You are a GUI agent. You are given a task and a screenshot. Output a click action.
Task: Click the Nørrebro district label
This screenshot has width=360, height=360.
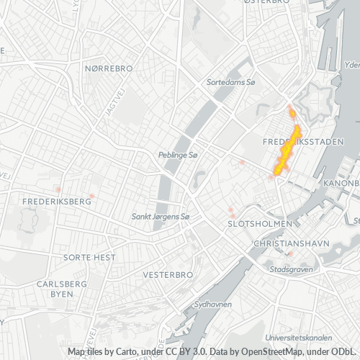pyautogui.click(x=109, y=68)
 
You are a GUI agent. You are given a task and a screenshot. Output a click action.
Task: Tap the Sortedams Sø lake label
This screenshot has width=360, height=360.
pyautogui.click(x=231, y=83)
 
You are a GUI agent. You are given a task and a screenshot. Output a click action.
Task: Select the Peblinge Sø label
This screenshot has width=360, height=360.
pyautogui.click(x=177, y=155)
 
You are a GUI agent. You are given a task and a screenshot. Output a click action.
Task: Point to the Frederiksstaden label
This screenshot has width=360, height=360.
pyautogui.click(x=302, y=142)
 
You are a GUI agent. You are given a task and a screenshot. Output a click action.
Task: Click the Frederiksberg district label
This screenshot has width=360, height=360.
pyautogui.click(x=57, y=201)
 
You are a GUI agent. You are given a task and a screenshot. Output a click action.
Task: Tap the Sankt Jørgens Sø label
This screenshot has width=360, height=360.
pyautogui.click(x=159, y=216)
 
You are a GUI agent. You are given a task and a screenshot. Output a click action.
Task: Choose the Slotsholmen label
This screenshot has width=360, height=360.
pyautogui.click(x=259, y=223)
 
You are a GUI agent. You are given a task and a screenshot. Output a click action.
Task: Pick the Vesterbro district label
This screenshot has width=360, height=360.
pyautogui.click(x=168, y=275)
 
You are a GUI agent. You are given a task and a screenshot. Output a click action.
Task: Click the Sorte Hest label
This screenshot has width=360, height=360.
pyautogui.click(x=89, y=257)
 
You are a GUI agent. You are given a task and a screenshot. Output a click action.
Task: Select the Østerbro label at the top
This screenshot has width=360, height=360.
pyautogui.click(x=266, y=2)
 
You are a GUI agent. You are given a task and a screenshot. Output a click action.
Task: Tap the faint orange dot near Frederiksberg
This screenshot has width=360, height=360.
pyautogui.click(x=92, y=196)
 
